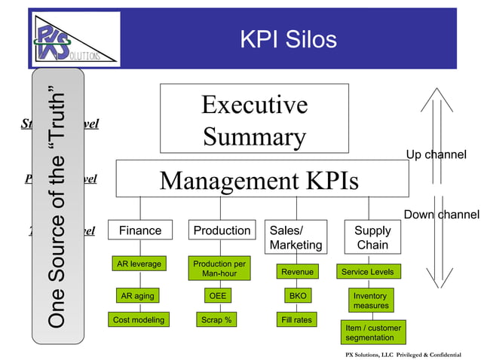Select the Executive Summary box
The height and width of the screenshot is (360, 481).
(x=254, y=121)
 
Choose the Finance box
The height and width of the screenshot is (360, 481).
(x=140, y=230)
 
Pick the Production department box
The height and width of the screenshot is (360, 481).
(x=222, y=230)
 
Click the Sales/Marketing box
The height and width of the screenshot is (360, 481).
(x=296, y=237)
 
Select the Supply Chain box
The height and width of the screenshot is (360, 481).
(x=372, y=237)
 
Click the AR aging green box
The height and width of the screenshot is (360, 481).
(x=137, y=296)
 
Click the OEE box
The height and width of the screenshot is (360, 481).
(x=217, y=296)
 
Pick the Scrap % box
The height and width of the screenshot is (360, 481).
(x=216, y=320)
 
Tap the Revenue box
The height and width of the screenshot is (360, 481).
(x=297, y=271)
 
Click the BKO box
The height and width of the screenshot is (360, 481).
(x=297, y=296)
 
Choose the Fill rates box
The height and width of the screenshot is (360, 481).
(x=297, y=320)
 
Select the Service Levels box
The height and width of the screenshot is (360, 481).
(x=367, y=271)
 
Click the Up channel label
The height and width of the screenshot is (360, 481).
(x=436, y=155)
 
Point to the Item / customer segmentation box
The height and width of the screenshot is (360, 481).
(x=373, y=332)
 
